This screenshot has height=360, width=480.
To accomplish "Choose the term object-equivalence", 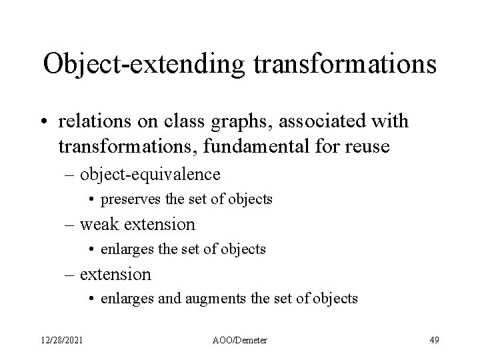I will pos(150,175).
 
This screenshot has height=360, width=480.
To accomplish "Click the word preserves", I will pos(130,199).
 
